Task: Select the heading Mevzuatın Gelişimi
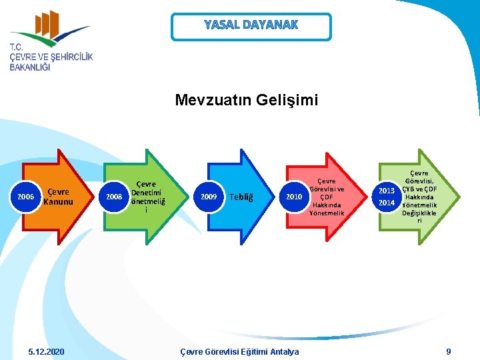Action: point(247,100)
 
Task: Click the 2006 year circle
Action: point(26,197)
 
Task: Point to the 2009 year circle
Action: point(209,197)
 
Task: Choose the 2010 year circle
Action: point(293,197)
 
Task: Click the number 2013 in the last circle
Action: point(387,191)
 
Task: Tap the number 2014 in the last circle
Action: point(387,203)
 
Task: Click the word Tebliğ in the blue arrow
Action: point(241,197)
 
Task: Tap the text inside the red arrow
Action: point(327,197)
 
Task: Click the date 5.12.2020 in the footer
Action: point(47,351)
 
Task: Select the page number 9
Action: point(449,351)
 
